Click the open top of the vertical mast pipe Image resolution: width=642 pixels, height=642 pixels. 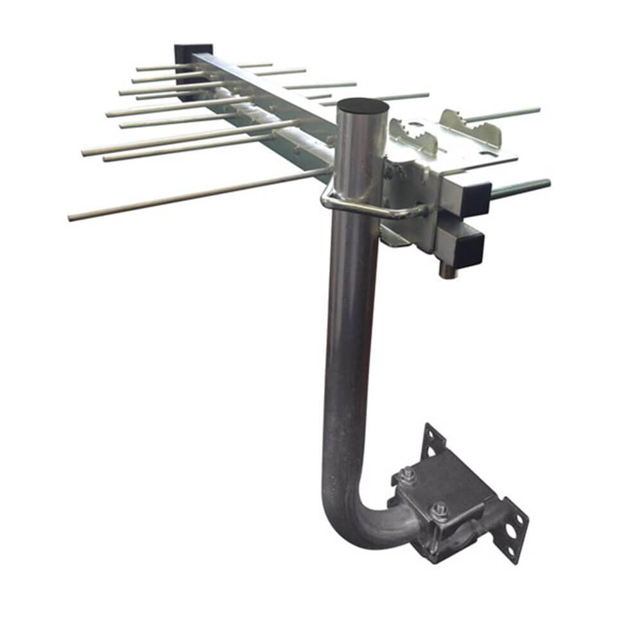(x=363, y=105)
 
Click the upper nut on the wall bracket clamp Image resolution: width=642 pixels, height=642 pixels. (x=407, y=476)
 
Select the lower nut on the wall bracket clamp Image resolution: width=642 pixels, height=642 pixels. (x=440, y=510)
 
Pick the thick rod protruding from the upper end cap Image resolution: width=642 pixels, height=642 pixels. (x=520, y=188)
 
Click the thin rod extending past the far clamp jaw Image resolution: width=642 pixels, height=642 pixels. (x=507, y=114)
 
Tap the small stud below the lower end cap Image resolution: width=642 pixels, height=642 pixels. (x=445, y=270)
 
